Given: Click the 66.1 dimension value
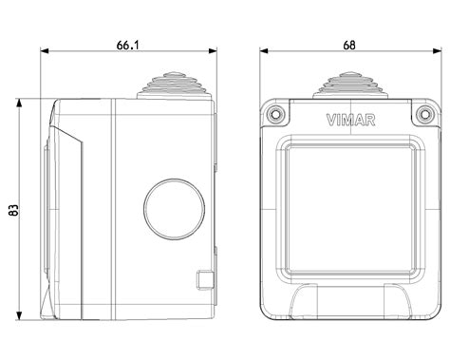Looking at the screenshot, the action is tap(127, 45).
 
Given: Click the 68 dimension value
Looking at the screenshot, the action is tap(349, 46).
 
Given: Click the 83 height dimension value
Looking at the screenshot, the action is tap(13, 210).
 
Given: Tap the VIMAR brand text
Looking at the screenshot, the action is tap(350, 120).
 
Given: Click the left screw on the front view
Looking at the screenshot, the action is tap(274, 113).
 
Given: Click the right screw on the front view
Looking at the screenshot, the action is tap(424, 113).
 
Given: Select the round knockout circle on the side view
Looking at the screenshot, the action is tap(174, 209).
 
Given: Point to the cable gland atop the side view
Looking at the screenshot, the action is tap(175, 85).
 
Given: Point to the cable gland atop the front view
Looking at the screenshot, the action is tap(349, 85).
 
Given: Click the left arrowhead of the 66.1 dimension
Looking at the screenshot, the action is tap(45, 50).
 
